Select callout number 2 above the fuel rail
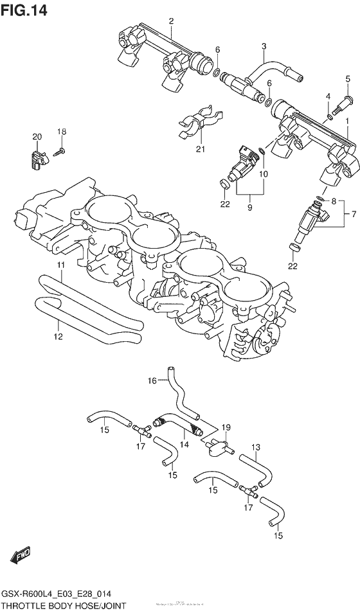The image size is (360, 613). pos(171,21)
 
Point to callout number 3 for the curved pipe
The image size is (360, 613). pos(263,46)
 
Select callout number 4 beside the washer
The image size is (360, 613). pos(328,97)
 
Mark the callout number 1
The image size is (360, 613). pos(347,121)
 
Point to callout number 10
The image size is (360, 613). pos(263,174)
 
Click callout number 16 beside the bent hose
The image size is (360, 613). pos(152,380)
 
